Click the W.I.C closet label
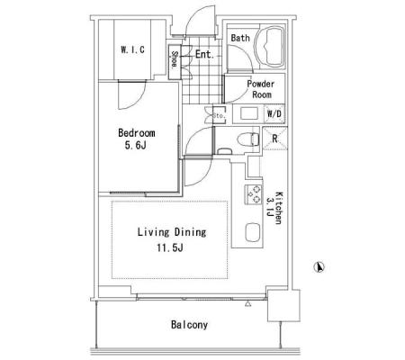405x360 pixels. [132, 49]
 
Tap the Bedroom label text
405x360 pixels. [137, 132]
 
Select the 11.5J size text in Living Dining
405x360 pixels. [170, 247]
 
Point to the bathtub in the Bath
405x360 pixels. [270, 47]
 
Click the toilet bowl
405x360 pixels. [248, 139]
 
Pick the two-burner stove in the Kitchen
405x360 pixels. [254, 194]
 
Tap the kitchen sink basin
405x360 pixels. [252, 232]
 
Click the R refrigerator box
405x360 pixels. [274, 139]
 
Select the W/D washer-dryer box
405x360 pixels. [274, 114]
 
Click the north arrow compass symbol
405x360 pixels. [319, 267]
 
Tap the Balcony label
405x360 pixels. [189, 325]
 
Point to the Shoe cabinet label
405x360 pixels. [175, 60]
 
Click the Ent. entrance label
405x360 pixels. [205, 54]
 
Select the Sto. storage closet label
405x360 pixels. [219, 115]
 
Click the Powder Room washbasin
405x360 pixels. [249, 113]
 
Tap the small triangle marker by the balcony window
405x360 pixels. [247, 304]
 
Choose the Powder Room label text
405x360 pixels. [261, 89]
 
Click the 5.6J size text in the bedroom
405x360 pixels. [135, 146]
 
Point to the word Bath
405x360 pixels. [240, 38]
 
